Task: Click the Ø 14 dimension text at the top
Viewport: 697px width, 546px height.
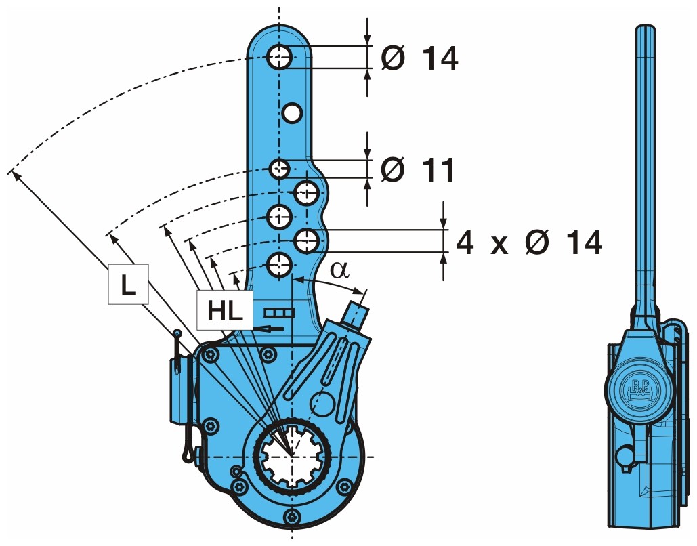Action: pyautogui.click(x=419, y=58)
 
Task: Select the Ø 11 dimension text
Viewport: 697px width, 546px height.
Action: pyautogui.click(x=417, y=169)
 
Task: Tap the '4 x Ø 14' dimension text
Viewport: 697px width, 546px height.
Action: pyautogui.click(x=528, y=242)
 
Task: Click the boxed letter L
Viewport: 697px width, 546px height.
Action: pyautogui.click(x=128, y=285)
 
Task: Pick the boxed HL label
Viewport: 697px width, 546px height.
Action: pyautogui.click(x=224, y=311)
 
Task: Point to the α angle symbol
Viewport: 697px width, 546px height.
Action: pyautogui.click(x=339, y=270)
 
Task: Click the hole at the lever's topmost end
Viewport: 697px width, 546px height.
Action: pyautogui.click(x=279, y=57)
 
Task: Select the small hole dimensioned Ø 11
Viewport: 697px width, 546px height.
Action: pyautogui.click(x=279, y=168)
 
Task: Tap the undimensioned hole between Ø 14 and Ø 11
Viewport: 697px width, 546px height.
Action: pyautogui.click(x=292, y=112)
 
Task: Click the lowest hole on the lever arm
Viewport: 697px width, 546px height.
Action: pyautogui.click(x=279, y=265)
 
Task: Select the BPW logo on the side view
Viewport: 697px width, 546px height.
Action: pyautogui.click(x=639, y=389)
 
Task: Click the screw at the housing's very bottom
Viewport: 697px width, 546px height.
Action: pyautogui.click(x=292, y=518)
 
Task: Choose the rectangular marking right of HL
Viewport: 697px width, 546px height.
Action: pyautogui.click(x=280, y=312)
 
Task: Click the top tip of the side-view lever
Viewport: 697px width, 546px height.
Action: pyautogui.click(x=646, y=27)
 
